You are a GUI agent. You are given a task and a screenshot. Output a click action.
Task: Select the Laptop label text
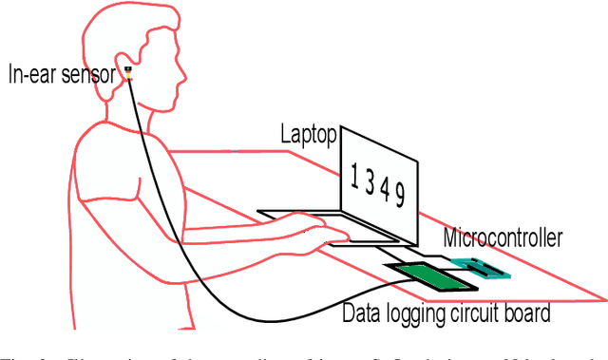tap(308, 135)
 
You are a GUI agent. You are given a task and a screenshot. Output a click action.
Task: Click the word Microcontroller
tap(503, 237)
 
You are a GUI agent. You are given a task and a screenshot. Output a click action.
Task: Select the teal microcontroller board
tap(479, 268)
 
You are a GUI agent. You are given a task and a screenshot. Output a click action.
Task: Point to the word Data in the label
tap(361, 312)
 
